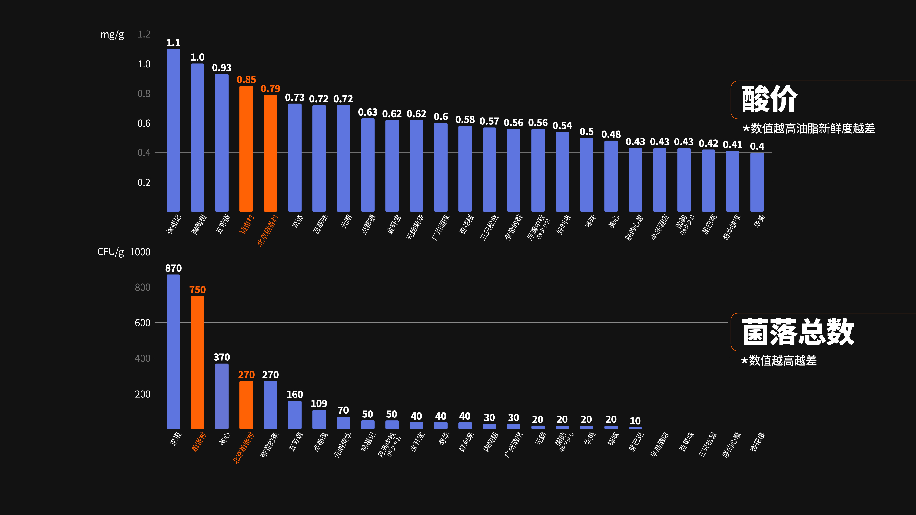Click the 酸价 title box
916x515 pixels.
click(818, 100)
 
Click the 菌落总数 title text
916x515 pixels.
click(798, 332)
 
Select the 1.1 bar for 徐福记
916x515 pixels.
click(173, 130)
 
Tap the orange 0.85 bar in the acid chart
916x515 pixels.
click(246, 149)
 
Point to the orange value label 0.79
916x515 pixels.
click(270, 88)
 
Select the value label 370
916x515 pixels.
click(222, 357)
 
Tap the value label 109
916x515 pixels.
click(319, 403)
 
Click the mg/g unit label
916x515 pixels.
click(112, 35)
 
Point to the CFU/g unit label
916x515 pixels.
click(111, 252)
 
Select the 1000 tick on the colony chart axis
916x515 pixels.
click(140, 252)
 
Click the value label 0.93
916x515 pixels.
click(222, 68)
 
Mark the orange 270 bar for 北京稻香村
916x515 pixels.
click(246, 405)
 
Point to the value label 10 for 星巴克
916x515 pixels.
click(635, 421)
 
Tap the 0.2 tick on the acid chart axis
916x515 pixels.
click(144, 182)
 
